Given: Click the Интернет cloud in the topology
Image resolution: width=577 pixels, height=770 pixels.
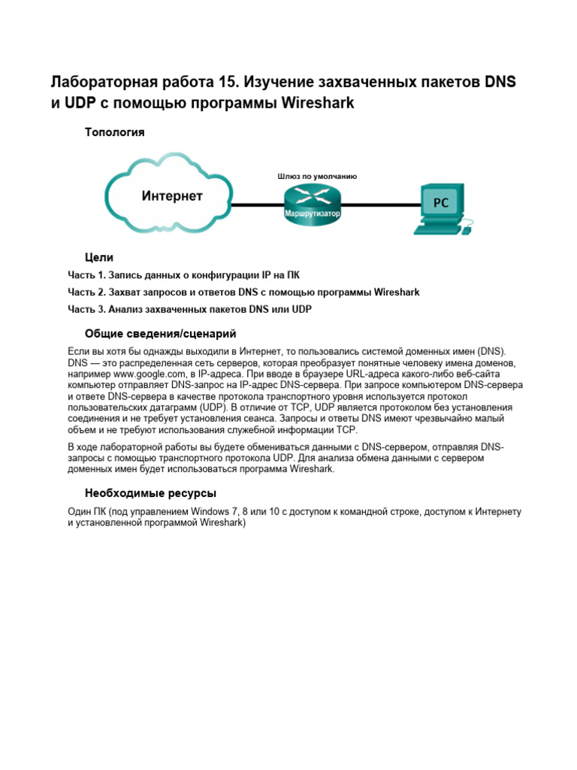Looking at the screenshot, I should pyautogui.click(x=171, y=197).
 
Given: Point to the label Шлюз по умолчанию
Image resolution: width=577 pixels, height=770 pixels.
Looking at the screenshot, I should pyautogui.click(x=317, y=177).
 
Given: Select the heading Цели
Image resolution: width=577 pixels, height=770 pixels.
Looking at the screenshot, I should pyautogui.click(x=100, y=257).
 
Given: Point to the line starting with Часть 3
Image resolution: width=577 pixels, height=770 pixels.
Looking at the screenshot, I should pyautogui.click(x=189, y=309).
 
